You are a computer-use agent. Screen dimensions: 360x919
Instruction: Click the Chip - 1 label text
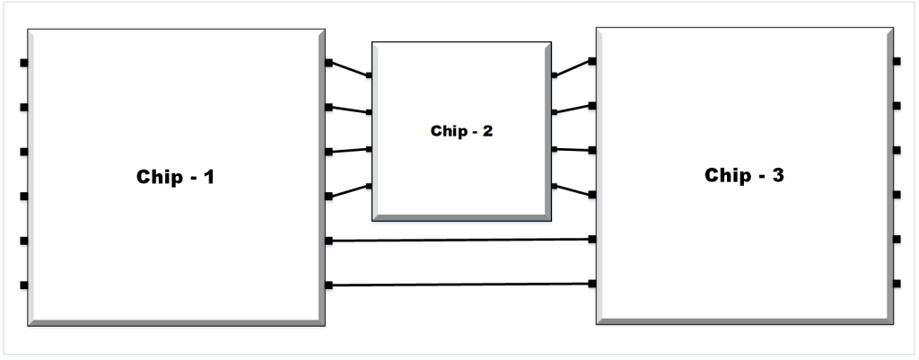point(175,177)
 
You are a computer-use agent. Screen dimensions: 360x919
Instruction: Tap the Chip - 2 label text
point(462,131)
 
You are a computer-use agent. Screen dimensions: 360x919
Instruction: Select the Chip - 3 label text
point(744,175)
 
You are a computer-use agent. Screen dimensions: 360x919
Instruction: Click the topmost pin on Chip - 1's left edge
point(24,63)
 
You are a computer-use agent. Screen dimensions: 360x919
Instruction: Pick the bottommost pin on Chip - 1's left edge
point(24,285)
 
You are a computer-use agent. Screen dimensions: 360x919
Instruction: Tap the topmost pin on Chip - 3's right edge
point(897,61)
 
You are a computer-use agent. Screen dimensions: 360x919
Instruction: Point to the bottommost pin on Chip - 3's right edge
point(897,284)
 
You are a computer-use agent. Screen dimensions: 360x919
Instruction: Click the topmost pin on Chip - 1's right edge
point(329,63)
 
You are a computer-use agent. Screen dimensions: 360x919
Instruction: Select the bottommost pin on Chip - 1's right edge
point(329,285)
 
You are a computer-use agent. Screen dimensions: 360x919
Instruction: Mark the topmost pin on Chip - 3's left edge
point(592,61)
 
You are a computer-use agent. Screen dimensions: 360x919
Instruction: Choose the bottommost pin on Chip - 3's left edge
point(592,284)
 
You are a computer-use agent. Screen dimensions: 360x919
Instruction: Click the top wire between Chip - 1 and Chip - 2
point(349,69)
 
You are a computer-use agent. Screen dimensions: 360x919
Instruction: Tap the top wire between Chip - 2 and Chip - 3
point(573,68)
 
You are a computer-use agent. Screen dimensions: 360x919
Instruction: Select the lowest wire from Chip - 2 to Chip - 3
point(573,190)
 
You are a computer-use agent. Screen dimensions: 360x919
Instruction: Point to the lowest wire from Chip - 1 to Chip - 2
point(349,191)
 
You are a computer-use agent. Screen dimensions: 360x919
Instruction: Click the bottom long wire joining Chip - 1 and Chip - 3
point(460,285)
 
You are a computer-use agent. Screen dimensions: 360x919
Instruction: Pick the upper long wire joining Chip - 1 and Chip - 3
point(460,240)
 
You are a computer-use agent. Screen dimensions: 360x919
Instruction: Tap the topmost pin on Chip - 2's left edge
point(369,75)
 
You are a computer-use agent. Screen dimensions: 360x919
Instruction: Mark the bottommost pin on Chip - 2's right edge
point(554,187)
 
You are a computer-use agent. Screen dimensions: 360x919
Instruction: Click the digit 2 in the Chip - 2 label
point(488,131)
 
